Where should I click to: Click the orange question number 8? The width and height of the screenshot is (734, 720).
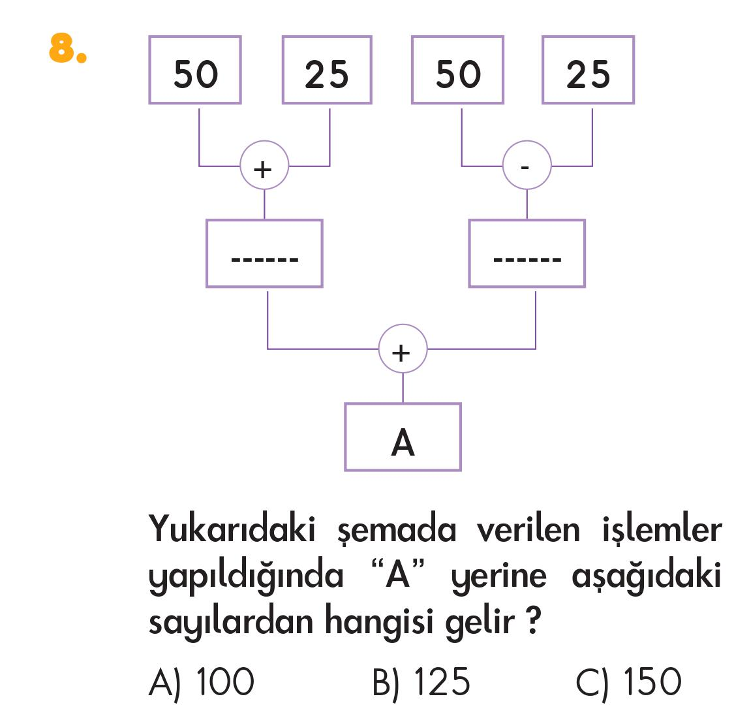(67, 48)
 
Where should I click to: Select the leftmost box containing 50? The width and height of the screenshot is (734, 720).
(195, 70)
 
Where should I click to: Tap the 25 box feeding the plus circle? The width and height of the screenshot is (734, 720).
(327, 70)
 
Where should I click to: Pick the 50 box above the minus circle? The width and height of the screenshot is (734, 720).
(457, 70)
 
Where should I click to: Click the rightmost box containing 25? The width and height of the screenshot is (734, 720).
(588, 70)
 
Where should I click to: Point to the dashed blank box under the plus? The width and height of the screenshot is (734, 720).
(264, 254)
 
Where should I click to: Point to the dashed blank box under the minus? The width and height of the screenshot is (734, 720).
(527, 254)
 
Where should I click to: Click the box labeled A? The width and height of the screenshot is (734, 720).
(403, 437)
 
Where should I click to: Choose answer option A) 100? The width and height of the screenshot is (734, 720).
(201, 682)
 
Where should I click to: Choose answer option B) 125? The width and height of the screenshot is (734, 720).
(421, 682)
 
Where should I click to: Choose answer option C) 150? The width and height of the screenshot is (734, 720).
(628, 682)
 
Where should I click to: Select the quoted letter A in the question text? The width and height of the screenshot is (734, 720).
(398, 575)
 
